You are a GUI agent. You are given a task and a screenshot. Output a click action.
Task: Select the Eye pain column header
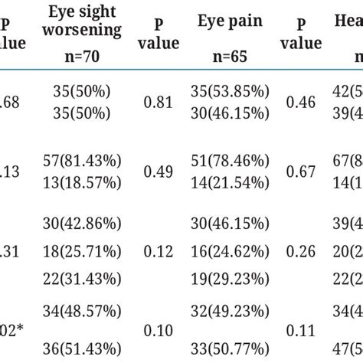click(225, 21)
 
